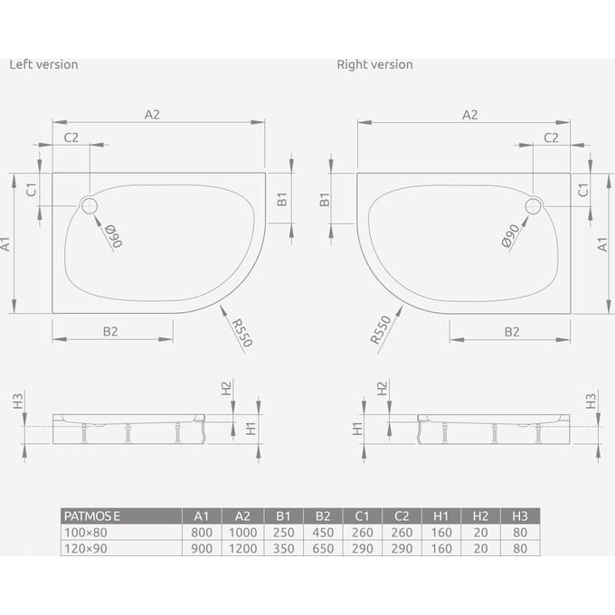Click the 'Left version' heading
click(43, 64)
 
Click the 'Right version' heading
click(374, 64)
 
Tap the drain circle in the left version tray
click(90, 206)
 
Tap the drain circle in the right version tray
click(532, 206)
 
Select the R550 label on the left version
click(241, 332)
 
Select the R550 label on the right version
click(380, 330)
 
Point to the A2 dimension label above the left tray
click(152, 114)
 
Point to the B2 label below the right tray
click(511, 331)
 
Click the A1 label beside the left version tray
click(7, 243)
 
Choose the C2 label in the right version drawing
click(550, 137)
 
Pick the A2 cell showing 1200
click(241, 549)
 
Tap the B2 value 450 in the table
click(322, 533)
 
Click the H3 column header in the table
click(520, 516)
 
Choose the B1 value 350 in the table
click(282, 549)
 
